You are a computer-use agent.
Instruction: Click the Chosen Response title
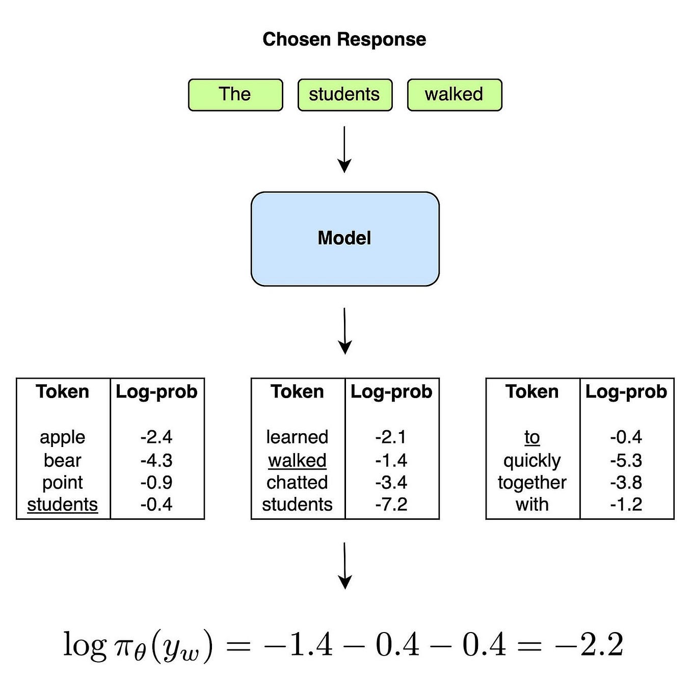tap(344, 39)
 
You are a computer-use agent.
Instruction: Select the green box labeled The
tap(235, 94)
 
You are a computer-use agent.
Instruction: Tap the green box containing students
tap(344, 94)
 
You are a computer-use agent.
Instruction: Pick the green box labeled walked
tap(454, 94)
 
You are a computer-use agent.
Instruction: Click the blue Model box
tap(345, 239)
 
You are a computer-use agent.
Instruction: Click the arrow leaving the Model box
tap(345, 331)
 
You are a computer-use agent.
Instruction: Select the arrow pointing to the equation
tap(345, 565)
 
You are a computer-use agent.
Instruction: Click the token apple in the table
tap(63, 437)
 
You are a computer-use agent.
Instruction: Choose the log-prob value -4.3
tap(156, 460)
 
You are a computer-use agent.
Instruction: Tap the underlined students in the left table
tap(63, 505)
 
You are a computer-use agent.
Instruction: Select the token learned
tap(297, 437)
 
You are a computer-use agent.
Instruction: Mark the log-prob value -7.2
tap(391, 505)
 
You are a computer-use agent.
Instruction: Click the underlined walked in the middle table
tap(297, 460)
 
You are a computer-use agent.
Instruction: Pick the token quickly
tap(532, 460)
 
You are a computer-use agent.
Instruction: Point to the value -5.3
tap(626, 460)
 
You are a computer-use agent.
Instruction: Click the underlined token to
tap(532, 437)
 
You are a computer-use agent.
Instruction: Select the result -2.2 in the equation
tap(590, 645)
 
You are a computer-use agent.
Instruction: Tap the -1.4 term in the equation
tap(299, 645)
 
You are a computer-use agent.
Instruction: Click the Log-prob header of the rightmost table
tap(626, 391)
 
